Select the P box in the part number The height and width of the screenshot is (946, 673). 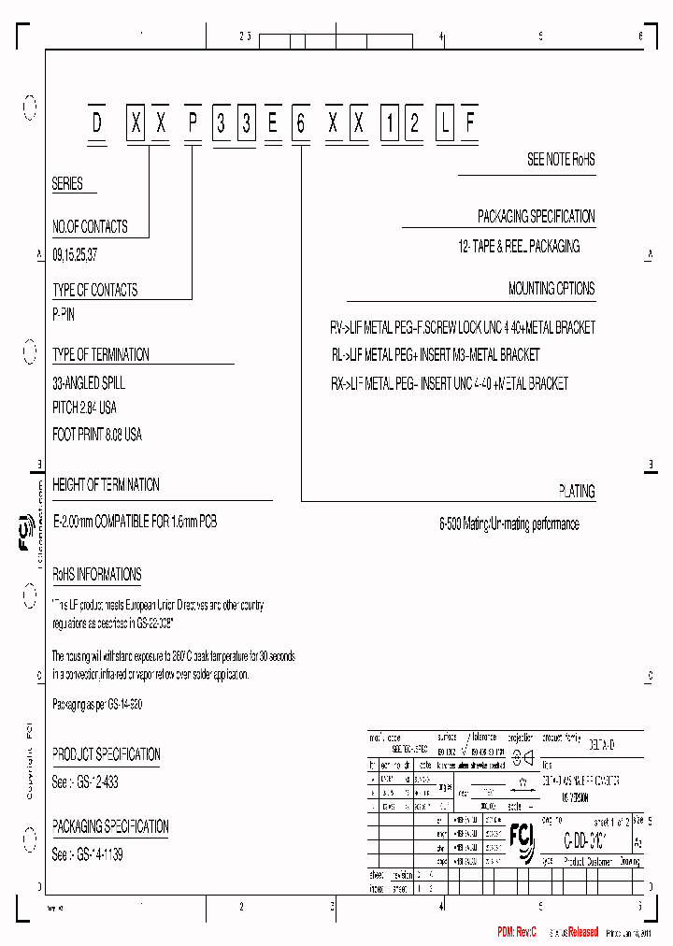pyautogui.click(x=192, y=124)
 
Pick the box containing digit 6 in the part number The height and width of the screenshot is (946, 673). pyautogui.click(x=300, y=124)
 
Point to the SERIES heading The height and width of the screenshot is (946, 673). pyautogui.click(x=67, y=184)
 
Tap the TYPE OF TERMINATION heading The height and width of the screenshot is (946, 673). pyautogui.click(x=101, y=355)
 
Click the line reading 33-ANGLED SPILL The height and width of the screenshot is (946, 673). pyautogui.click(x=89, y=383)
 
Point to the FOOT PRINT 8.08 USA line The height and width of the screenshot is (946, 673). pyautogui.click(x=97, y=435)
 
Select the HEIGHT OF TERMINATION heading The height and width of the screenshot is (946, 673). pyautogui.click(x=106, y=485)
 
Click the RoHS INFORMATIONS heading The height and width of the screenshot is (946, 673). pyautogui.click(x=97, y=575)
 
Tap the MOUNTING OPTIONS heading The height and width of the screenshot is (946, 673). pyautogui.click(x=551, y=289)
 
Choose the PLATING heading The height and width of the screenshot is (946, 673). pyautogui.click(x=577, y=491)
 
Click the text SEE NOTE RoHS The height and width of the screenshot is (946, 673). pyautogui.click(x=561, y=160)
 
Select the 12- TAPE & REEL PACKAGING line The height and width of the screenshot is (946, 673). pyautogui.click(x=519, y=247)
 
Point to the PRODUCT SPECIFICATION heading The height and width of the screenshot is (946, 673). pyautogui.click(x=106, y=754)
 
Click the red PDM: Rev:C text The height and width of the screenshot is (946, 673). pyautogui.click(x=517, y=933)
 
